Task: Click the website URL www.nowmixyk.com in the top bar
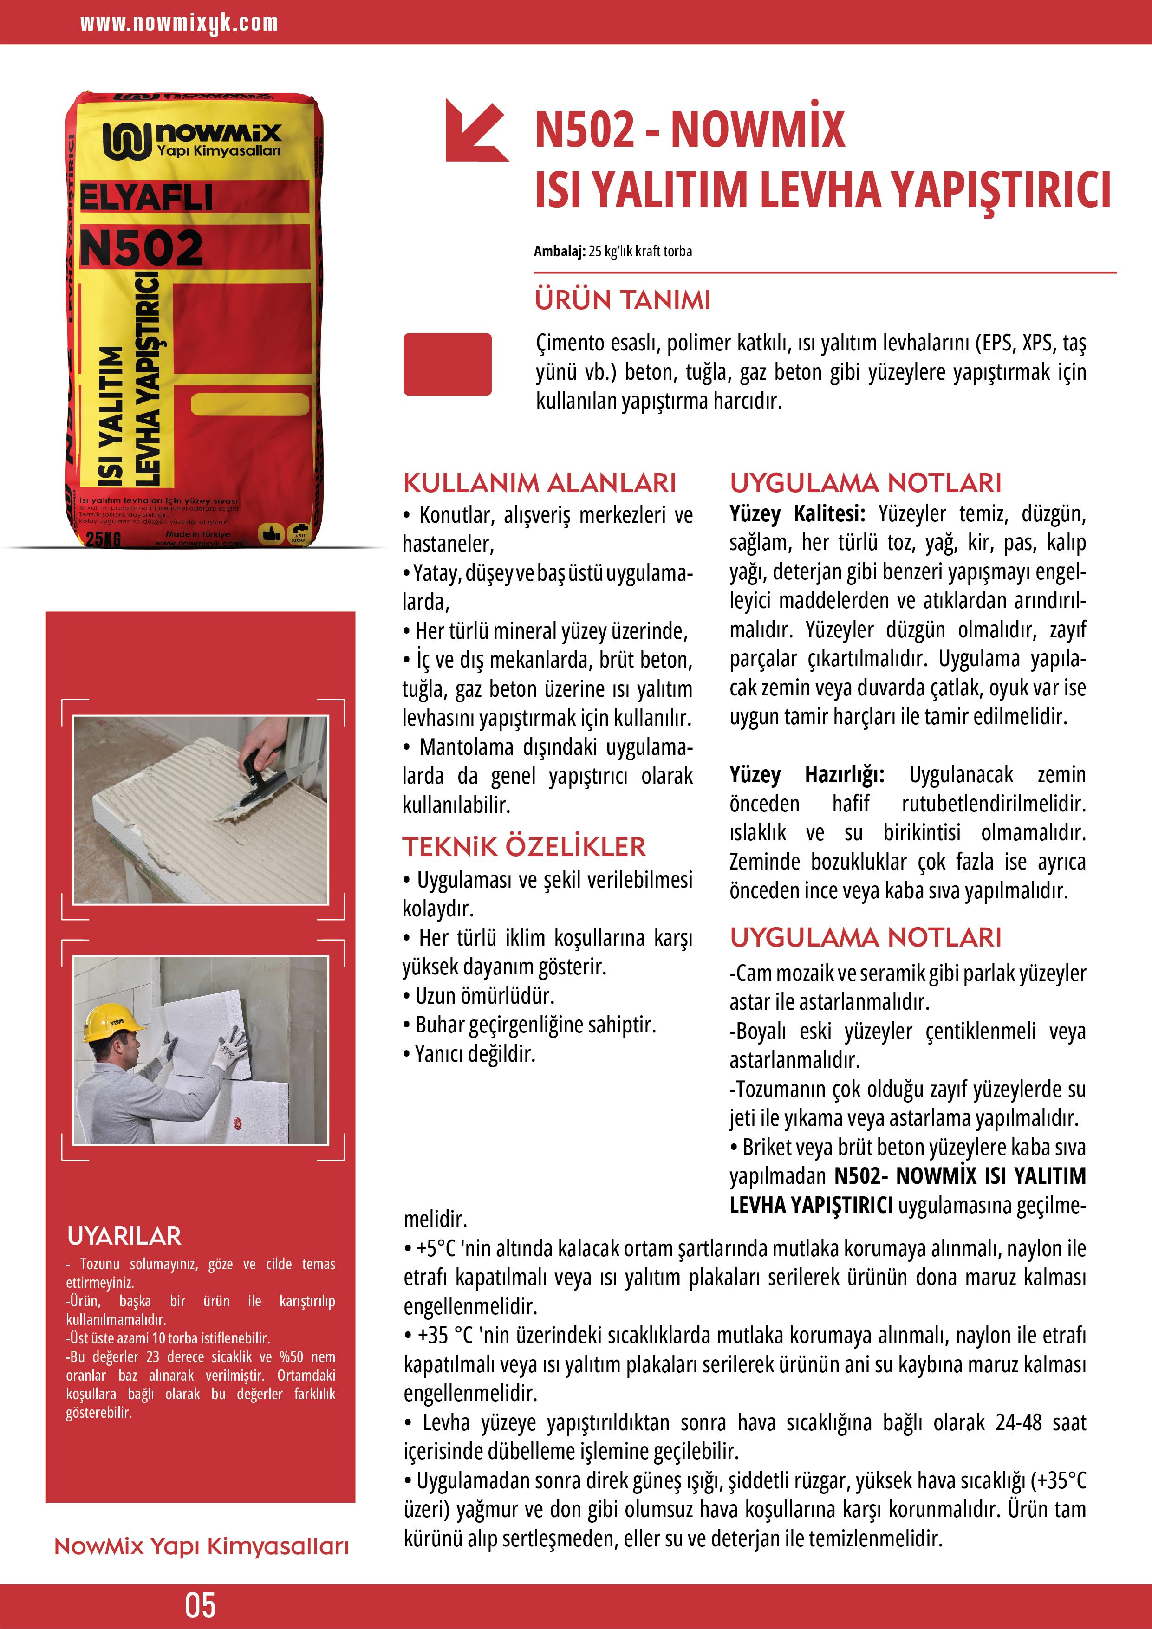tap(179, 23)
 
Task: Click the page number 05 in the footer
tap(200, 1604)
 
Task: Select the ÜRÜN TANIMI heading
tap(623, 300)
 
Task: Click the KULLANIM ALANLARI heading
tap(540, 483)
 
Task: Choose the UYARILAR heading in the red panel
tap(124, 1236)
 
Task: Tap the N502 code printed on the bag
tap(141, 247)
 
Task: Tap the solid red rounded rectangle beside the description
tap(447, 364)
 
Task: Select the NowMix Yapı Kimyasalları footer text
tap(202, 1547)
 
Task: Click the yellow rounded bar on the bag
tap(250, 404)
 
